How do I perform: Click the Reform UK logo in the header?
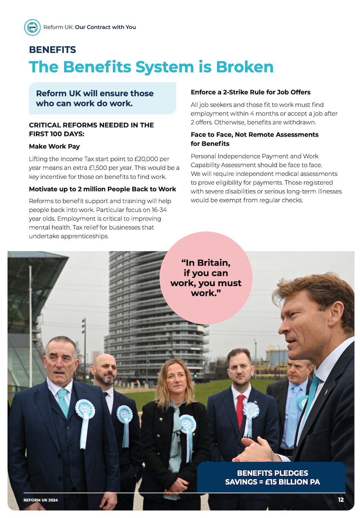[x=33, y=27]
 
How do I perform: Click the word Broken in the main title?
[x=244, y=67]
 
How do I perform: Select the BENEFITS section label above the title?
[x=53, y=50]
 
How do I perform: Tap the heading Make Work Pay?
[x=54, y=146]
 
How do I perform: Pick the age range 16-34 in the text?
[x=159, y=210]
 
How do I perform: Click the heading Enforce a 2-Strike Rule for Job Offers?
[x=251, y=92]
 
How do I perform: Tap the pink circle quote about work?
[x=206, y=278]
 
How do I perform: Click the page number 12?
[x=341, y=500]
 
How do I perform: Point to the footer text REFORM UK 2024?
[x=41, y=500]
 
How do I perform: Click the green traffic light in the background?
[x=195, y=375]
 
